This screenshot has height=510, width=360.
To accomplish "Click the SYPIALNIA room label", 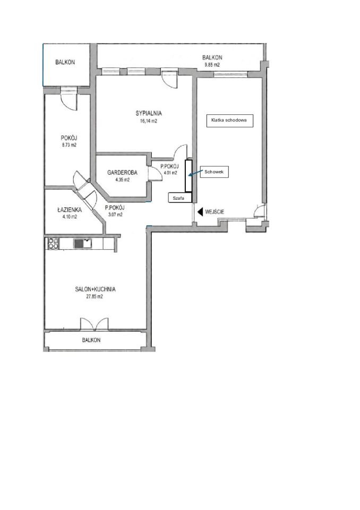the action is pyautogui.click(x=149, y=114).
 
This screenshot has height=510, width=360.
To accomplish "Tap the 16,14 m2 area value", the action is pyautogui.click(x=149, y=121).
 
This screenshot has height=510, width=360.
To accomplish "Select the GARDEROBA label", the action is pyautogui.click(x=122, y=172).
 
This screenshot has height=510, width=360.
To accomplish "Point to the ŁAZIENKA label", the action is pyautogui.click(x=70, y=210).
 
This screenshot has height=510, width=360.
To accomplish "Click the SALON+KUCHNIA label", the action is pyautogui.click(x=95, y=289).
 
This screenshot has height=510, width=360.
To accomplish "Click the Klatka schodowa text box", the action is pyautogui.click(x=229, y=121).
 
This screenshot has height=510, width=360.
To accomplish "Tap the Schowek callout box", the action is pyautogui.click(x=215, y=172).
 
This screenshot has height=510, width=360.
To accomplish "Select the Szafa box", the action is pyautogui.click(x=180, y=198).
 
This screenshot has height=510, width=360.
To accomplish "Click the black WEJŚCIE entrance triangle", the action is pyautogui.click(x=200, y=212).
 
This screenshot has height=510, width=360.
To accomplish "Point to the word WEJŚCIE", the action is pyautogui.click(x=215, y=212).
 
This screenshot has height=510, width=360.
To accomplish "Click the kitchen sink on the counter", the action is pyautogui.click(x=83, y=243).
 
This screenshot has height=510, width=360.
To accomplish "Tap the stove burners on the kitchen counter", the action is pyautogui.click(x=53, y=244).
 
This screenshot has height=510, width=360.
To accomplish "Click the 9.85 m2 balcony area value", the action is pyautogui.click(x=212, y=65).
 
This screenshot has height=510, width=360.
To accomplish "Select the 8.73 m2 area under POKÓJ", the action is pyautogui.click(x=69, y=145).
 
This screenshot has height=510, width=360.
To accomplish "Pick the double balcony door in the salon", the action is pyautogui.click(x=95, y=324).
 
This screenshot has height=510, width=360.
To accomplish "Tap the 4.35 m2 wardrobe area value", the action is pyautogui.click(x=122, y=180).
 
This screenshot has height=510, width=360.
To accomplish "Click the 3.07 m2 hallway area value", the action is pyautogui.click(x=115, y=215).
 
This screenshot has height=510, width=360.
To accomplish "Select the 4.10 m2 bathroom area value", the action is pyautogui.click(x=70, y=217).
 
